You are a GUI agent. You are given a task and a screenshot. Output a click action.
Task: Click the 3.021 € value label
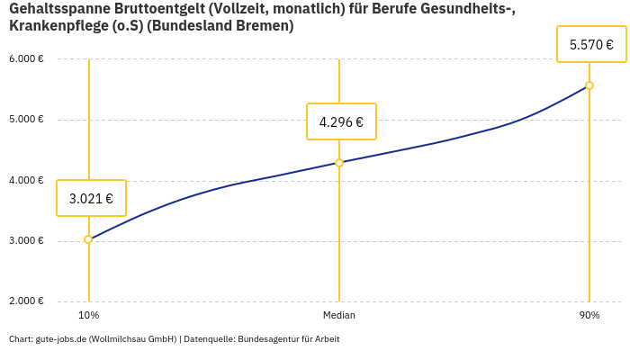pyautogui.click(x=91, y=198)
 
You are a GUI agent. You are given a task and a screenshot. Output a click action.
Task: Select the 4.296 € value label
pyautogui.click(x=341, y=121)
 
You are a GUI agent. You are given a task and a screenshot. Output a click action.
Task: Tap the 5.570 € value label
pyautogui.click(x=591, y=43)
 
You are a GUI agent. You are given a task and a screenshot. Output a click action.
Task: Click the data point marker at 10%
pyautogui.click(x=88, y=239)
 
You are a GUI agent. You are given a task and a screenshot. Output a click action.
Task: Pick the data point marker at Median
pyautogui.click(x=339, y=163)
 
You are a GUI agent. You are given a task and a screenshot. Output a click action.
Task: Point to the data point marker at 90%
pyautogui.click(x=589, y=85)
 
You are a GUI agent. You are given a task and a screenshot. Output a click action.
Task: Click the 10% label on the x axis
pyautogui.click(x=88, y=315)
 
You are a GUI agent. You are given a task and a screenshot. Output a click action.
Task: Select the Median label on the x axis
pyautogui.click(x=339, y=315)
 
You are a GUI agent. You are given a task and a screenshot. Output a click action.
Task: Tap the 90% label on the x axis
pyautogui.click(x=589, y=315)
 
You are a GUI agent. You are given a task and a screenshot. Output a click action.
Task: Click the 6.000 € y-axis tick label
pyautogui.click(x=26, y=59)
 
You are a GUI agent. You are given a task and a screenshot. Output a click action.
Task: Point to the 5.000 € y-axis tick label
pyautogui.click(x=26, y=120)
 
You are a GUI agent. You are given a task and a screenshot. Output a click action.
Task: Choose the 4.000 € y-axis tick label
pyautogui.click(x=26, y=180)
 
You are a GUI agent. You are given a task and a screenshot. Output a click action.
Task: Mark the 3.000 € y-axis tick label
pyautogui.click(x=26, y=240)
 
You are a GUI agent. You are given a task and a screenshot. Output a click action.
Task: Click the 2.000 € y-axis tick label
pyautogui.click(x=26, y=301)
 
